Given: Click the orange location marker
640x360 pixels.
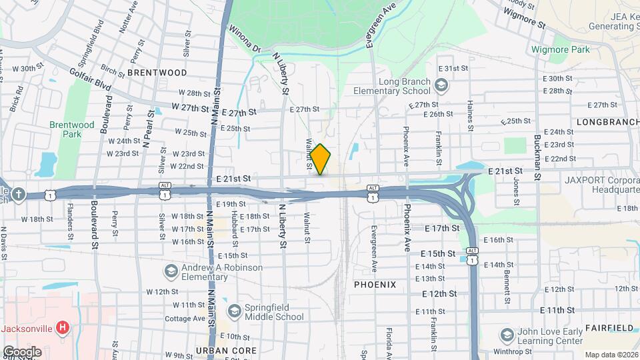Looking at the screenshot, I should pos(321,159).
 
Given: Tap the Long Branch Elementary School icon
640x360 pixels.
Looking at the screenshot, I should pos(440,85).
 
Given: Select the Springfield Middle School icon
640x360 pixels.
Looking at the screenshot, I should pos(234,311).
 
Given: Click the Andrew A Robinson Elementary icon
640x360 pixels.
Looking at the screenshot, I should pos(171,271).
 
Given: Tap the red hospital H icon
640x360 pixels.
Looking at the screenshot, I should pos(63,327).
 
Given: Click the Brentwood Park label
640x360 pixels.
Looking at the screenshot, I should pos(71,129).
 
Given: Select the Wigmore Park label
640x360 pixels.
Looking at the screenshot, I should pos(561,49).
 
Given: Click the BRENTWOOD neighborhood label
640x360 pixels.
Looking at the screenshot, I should pos(157,72).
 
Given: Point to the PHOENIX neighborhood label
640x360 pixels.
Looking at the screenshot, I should pos(375,285).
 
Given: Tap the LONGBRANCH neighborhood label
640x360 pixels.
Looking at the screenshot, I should pos(607,123).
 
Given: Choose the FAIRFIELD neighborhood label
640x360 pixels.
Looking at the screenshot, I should pos(609,328).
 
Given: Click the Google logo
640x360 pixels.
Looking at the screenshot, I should pos(22,351).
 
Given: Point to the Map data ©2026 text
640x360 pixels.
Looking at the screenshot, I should pos(611,355).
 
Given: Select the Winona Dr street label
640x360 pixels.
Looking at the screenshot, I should pos(243,39).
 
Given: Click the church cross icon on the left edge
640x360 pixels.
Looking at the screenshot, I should pos(17,194).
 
